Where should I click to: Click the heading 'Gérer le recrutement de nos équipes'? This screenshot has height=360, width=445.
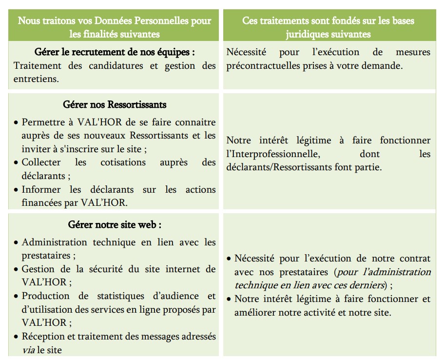(x=115, y=52)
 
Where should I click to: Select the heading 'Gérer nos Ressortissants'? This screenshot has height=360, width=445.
(x=115, y=104)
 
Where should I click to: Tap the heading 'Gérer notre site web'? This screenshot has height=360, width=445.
(x=115, y=225)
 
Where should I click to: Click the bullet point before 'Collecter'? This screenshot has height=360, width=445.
(x=17, y=163)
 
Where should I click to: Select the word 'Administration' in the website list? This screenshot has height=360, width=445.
(x=55, y=242)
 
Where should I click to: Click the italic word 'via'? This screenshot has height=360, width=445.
(x=28, y=350)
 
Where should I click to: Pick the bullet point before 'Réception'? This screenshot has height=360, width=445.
(x=17, y=337)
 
